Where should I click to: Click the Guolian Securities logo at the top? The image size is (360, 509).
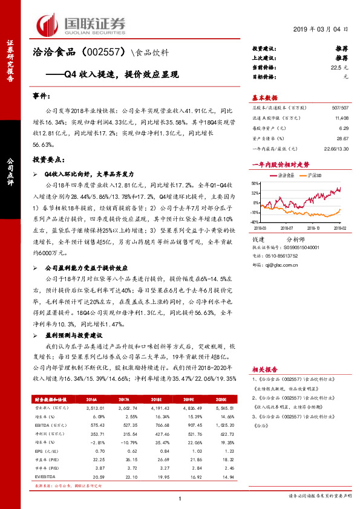click(x=82, y=24)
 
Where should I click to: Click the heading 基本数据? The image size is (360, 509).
click(x=264, y=98)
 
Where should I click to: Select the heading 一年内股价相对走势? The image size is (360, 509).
click(x=280, y=164)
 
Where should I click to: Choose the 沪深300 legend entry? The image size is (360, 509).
click(x=313, y=175)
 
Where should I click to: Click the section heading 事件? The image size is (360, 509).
click(x=41, y=96)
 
